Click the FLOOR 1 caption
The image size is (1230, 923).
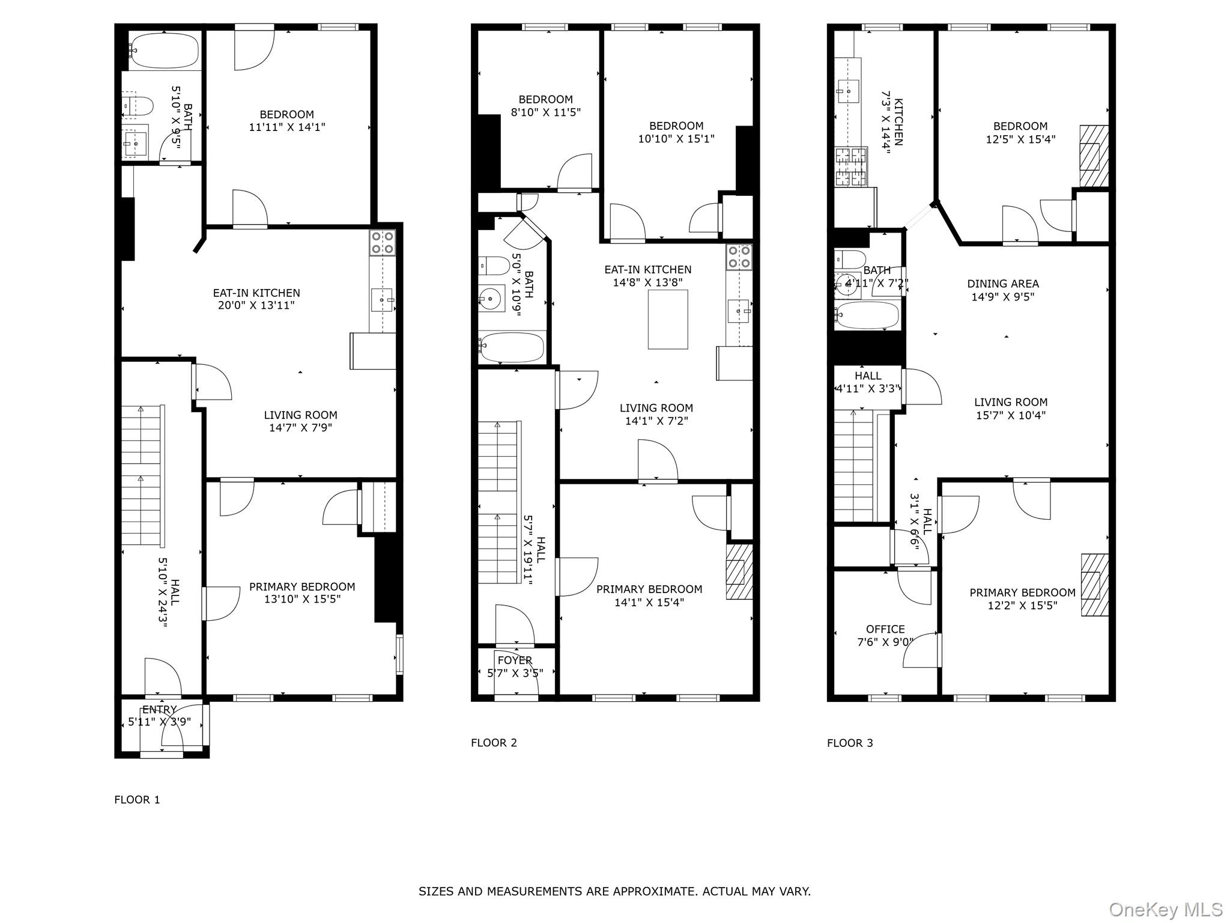tap(137, 800)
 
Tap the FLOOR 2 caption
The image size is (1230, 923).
tap(494, 743)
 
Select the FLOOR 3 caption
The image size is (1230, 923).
tap(850, 743)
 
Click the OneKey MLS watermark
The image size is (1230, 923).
tap(1165, 909)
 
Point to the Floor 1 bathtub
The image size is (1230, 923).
tap(164, 50)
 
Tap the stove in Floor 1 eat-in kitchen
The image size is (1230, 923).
tap(383, 243)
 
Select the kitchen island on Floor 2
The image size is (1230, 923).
tap(668, 319)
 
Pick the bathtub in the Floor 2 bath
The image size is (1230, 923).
tap(512, 347)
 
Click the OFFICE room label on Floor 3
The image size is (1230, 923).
tap(885, 629)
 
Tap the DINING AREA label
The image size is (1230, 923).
tap(1003, 284)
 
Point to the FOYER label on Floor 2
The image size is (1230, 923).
tap(515, 660)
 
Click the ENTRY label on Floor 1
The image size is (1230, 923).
tap(160, 710)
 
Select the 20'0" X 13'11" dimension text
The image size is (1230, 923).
tap(256, 305)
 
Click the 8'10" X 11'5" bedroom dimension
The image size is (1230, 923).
tap(546, 112)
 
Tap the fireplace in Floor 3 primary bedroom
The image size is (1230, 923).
tap(1094, 585)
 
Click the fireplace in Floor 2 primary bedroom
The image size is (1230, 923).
tap(739, 571)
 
